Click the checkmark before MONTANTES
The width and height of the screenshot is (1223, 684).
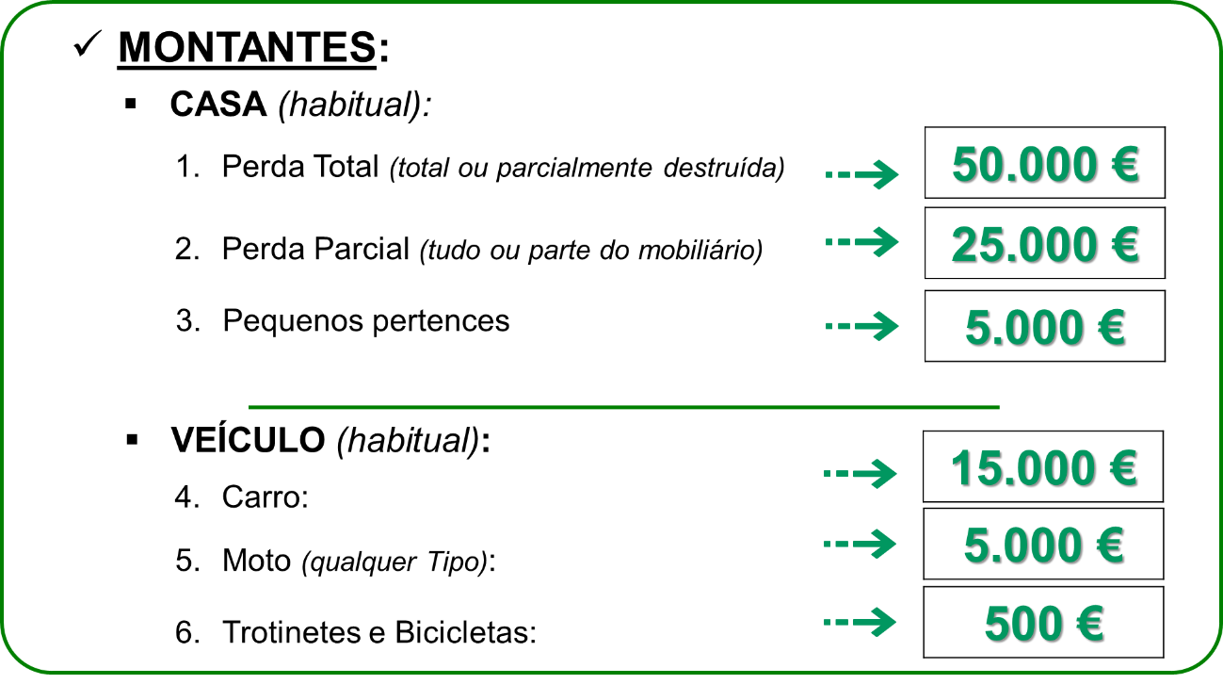click(x=88, y=43)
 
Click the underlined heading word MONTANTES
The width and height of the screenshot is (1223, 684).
click(x=247, y=47)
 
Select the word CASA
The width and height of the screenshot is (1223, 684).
click(x=218, y=104)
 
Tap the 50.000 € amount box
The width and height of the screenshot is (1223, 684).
click(x=1044, y=163)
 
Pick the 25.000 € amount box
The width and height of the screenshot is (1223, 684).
click(x=1044, y=243)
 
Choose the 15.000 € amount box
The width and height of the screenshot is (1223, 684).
click(x=1043, y=466)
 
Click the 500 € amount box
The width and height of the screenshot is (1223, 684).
click(x=1043, y=622)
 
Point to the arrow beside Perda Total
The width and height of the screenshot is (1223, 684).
click(x=861, y=174)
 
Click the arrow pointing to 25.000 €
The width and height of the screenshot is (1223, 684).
click(x=861, y=241)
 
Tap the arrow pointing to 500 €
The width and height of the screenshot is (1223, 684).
click(x=860, y=622)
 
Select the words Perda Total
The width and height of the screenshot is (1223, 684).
click(x=299, y=166)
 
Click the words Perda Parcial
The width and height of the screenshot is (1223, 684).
click(x=315, y=249)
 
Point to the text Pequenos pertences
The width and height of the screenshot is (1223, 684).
click(x=366, y=321)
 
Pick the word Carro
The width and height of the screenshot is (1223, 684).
click(x=261, y=497)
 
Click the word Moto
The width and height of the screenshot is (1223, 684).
click(x=256, y=561)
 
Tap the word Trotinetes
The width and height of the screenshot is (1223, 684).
click(x=292, y=632)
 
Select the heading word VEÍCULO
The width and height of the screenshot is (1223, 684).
click(x=248, y=440)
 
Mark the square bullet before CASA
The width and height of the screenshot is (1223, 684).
click(x=131, y=104)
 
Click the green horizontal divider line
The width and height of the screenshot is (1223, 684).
click(x=623, y=407)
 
